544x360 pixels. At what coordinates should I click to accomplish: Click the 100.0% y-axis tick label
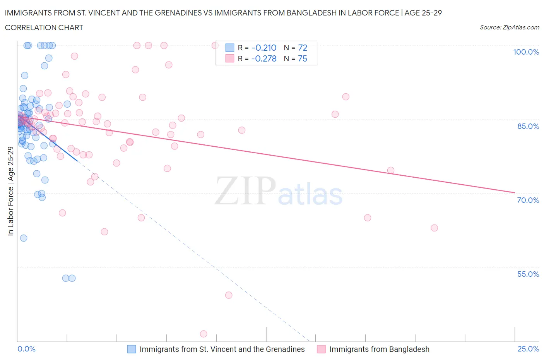pyautogui.click(x=526, y=52)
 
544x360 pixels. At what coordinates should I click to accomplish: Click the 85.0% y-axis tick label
pyautogui.click(x=528, y=126)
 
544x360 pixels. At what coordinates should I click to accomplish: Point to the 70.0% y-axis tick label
pyautogui.click(x=528, y=200)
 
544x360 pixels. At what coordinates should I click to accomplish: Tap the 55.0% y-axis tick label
pyautogui.click(x=528, y=274)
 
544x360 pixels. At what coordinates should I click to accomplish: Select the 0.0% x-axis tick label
pyautogui.click(x=26, y=349)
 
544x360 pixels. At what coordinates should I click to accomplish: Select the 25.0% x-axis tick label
pyautogui.click(x=528, y=349)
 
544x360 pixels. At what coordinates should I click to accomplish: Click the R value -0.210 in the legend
pyautogui.click(x=264, y=48)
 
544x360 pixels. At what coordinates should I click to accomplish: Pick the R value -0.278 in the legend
pyautogui.click(x=264, y=58)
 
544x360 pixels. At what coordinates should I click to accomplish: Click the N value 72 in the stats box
pyautogui.click(x=303, y=48)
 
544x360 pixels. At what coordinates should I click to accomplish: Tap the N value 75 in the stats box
pyautogui.click(x=303, y=58)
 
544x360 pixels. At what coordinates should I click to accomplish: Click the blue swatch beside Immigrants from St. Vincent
pyautogui.click(x=132, y=349)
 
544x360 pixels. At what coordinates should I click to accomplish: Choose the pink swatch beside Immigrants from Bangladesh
pyautogui.click(x=321, y=349)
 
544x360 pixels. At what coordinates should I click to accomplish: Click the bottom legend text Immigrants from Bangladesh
pyautogui.click(x=379, y=349)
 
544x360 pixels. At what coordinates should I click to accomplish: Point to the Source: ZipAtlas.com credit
pyautogui.click(x=509, y=27)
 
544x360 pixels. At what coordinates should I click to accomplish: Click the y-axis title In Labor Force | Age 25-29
pyautogui.click(x=10, y=191)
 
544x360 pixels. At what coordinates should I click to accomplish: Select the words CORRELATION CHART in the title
pyautogui.click(x=44, y=27)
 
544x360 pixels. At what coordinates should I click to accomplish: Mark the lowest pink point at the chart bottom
pyautogui.click(x=204, y=334)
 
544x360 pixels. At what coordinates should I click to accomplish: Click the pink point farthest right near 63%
pyautogui.click(x=434, y=228)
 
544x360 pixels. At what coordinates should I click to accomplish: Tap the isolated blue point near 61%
pyautogui.click(x=24, y=238)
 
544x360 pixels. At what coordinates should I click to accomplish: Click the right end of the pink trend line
pyautogui.click(x=515, y=192)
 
